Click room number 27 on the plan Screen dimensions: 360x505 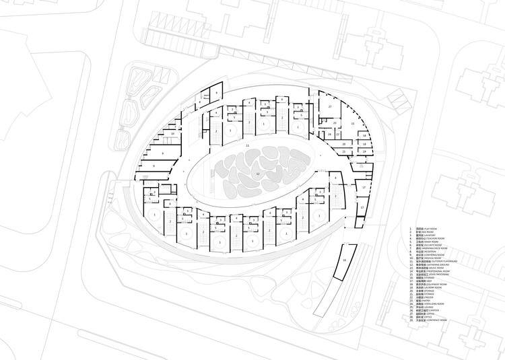pos(330,108)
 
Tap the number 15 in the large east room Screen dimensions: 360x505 pos(353,124)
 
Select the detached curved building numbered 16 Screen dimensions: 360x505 pos(344,260)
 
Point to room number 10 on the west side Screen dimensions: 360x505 pos(172,134)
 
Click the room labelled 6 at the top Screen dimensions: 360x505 pos(217,92)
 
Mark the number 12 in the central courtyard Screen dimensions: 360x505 pos(257,173)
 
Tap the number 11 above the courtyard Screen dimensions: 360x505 pos(247,145)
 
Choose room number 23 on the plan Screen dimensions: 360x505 pos(335,123)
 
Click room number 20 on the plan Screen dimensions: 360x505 pos(343,144)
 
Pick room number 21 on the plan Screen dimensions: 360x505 pos(343,152)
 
